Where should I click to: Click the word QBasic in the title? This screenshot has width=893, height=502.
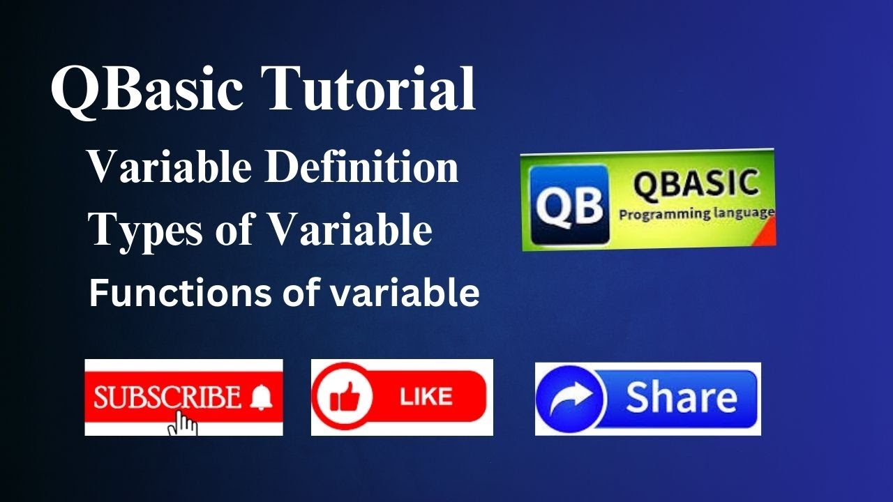pos(148,89)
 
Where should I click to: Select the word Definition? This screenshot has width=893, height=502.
pos(362,167)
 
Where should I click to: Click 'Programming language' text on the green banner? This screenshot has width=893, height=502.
pos(695,213)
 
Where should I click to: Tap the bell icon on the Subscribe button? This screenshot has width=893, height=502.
pos(261,397)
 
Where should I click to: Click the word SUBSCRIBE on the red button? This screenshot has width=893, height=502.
pos(167,397)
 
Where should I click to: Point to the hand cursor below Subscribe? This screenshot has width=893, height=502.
pos(183,423)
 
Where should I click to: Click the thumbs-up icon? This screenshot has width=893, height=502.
pos(343,397)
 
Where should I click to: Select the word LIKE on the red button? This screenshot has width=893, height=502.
pos(426,397)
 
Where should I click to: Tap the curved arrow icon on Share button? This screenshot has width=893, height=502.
pos(571,398)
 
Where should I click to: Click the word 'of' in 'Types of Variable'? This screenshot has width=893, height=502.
pos(236,230)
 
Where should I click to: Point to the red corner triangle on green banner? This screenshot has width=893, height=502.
pos(767,237)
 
